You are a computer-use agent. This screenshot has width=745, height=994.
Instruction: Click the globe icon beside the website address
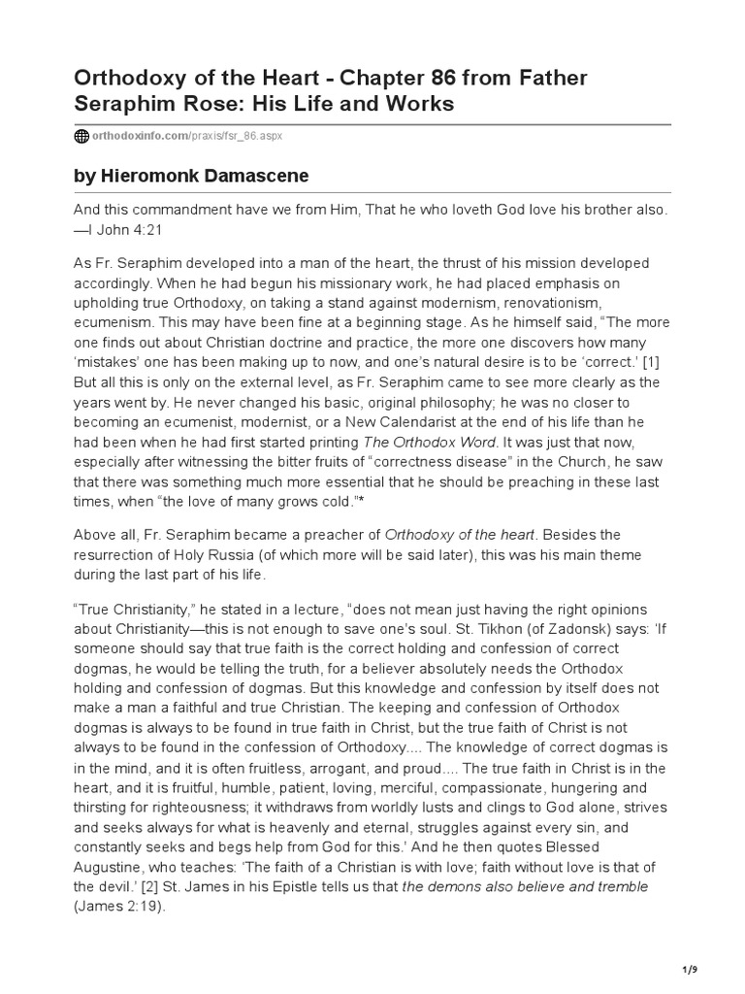pyautogui.click(x=81, y=137)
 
